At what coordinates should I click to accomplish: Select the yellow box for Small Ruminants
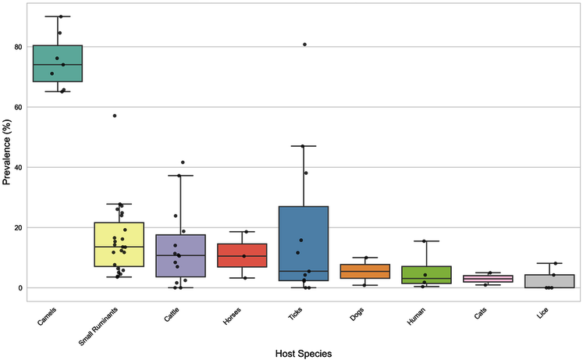(x=119, y=244)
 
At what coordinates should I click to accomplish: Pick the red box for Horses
(x=243, y=255)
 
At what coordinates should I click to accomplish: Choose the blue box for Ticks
(x=304, y=243)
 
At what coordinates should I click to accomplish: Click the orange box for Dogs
(x=364, y=272)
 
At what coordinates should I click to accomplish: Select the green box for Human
(x=425, y=274)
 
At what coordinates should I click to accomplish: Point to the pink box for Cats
(x=486, y=279)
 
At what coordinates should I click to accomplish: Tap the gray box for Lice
(x=547, y=281)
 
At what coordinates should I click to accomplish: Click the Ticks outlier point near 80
(x=305, y=45)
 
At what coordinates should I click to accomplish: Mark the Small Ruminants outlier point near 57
(x=115, y=116)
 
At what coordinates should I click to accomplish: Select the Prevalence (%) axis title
(x=7, y=167)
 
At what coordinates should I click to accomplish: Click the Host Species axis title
(x=304, y=353)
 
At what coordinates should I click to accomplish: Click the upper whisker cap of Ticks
(x=304, y=146)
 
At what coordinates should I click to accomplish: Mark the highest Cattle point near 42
(x=183, y=162)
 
